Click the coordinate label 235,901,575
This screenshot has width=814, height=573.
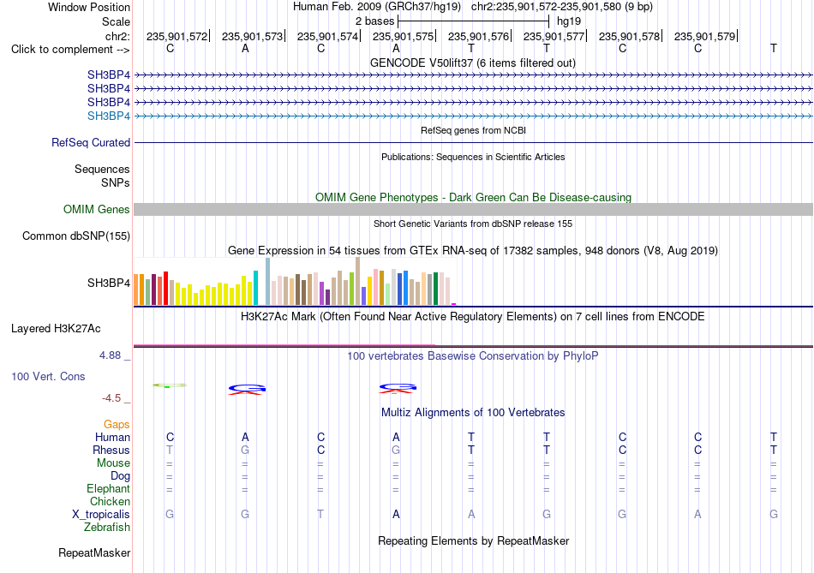403,36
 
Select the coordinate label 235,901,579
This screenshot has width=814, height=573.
704,36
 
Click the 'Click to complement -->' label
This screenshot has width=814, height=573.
70,50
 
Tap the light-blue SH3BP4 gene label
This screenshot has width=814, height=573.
109,116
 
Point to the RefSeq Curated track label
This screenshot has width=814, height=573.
91,142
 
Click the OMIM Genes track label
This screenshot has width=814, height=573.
97,209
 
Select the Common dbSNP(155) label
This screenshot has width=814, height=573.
76,236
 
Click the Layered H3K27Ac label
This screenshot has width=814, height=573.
56,329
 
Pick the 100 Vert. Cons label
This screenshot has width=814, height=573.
48,376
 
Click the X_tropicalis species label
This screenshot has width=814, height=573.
101,515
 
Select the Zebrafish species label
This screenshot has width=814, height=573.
107,528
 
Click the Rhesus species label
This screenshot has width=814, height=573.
111,450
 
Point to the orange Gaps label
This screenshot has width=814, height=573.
117,425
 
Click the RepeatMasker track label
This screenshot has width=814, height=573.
94,553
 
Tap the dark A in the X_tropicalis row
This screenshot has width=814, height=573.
396,515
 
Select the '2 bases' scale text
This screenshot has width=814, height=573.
374,21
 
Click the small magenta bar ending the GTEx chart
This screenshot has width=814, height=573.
454,304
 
